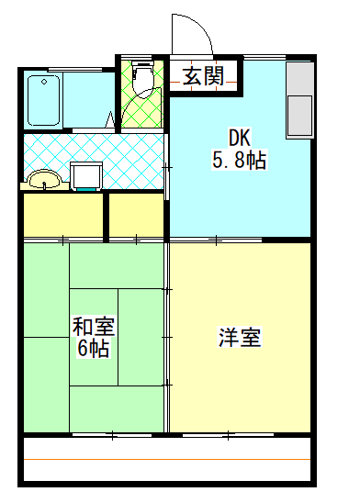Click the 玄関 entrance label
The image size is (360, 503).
click(204, 76)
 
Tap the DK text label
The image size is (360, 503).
click(239, 138)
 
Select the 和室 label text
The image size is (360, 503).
click(94, 326)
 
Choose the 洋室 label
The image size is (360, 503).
click(240, 338)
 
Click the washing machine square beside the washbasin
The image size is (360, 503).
click(87, 174)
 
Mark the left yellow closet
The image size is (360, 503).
click(62, 215)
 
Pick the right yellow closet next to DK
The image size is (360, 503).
click(136, 215)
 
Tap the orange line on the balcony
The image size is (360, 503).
click(165, 458)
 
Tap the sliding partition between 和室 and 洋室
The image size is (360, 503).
click(166, 335)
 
